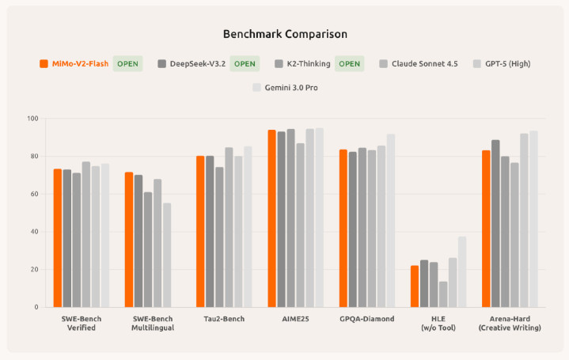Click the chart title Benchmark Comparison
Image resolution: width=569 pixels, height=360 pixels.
pos(284,34)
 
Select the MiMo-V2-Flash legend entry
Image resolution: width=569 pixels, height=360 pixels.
pos(75,63)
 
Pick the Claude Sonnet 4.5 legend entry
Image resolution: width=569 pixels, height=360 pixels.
pos(423,63)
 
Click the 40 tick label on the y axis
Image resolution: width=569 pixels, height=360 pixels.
pos(33,232)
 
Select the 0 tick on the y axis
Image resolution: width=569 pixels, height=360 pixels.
pos(36,307)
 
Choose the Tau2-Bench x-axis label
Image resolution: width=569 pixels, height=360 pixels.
pos(223,319)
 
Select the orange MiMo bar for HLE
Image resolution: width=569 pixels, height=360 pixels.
pos(414,286)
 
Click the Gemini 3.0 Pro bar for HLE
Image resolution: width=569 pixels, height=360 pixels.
pos(462,271)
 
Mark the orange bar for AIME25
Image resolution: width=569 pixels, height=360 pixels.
pos(271,218)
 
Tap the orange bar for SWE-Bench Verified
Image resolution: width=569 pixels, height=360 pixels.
pos(58,238)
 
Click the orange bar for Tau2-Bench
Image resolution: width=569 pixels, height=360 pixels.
pos(200,231)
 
